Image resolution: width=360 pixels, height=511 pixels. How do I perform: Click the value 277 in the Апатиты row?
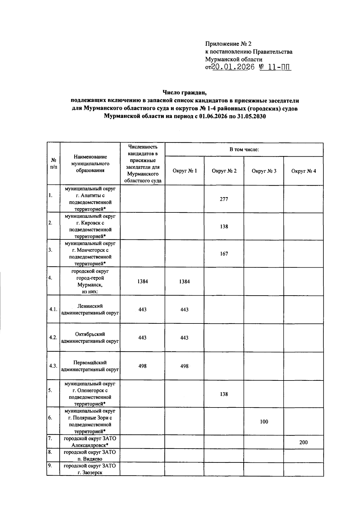[x=224, y=199]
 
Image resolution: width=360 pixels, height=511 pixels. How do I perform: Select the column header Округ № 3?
[x=264, y=171]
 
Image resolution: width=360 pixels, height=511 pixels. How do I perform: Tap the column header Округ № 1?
[x=184, y=171]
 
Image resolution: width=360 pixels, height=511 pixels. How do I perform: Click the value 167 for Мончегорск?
[x=224, y=254]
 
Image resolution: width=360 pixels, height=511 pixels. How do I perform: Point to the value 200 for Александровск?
[x=303, y=442]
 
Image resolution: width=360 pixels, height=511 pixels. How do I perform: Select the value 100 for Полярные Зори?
[x=264, y=422]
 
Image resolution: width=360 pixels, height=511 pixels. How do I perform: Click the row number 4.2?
[x=53, y=338]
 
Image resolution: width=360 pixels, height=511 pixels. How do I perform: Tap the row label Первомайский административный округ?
[x=90, y=366]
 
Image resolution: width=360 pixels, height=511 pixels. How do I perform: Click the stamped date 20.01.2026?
[x=233, y=67]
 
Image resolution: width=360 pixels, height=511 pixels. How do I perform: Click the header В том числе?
[x=244, y=149]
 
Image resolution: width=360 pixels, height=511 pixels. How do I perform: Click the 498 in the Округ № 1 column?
[x=184, y=366]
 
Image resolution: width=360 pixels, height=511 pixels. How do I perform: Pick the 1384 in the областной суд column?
[x=142, y=281]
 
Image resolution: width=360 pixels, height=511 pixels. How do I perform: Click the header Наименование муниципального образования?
[x=90, y=164]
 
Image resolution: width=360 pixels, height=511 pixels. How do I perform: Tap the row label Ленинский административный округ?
[x=90, y=309]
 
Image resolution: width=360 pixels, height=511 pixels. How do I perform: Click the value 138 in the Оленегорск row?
[x=224, y=394]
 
